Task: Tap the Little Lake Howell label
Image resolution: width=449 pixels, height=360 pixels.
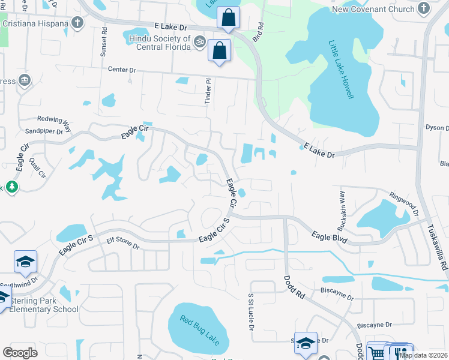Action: click(341, 70)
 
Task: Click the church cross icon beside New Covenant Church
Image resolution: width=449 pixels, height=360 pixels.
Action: click(424, 8)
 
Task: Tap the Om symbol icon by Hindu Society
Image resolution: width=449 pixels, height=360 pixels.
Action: click(200, 41)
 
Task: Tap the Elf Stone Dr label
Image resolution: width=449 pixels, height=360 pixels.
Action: click(122, 246)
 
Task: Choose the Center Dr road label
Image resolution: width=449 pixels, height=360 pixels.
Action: click(122, 70)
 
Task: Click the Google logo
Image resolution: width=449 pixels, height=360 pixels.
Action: click(20, 352)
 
